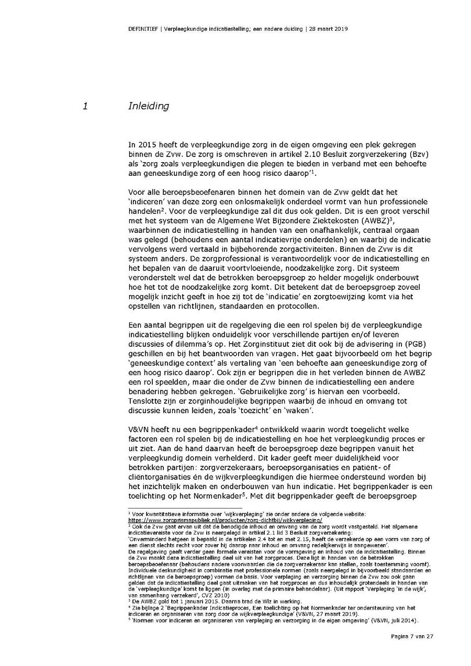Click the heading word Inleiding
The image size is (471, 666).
pos(149,106)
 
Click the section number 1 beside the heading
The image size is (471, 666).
pos(84,106)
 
